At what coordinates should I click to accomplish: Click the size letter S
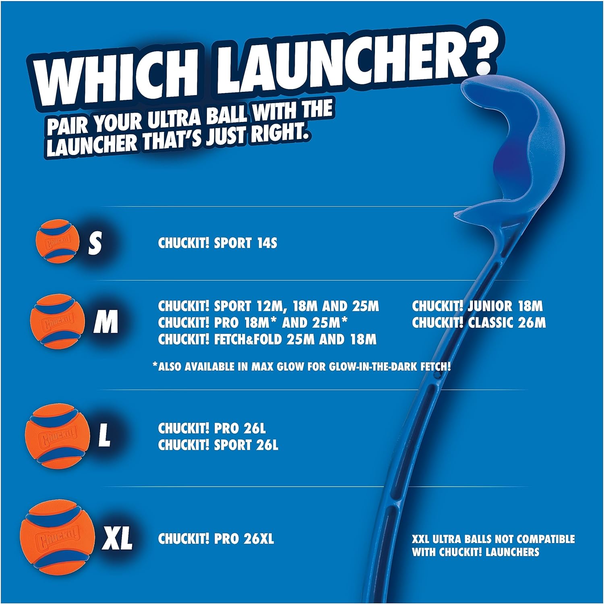95,243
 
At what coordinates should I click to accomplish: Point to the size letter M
105,322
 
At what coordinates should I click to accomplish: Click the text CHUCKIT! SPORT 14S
217,243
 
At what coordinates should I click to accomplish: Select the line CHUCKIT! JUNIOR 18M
477,306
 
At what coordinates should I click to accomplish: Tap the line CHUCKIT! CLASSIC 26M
478,323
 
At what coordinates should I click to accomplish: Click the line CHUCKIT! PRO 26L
212,428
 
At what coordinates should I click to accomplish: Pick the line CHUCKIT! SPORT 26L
218,445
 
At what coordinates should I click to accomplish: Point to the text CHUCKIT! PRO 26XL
216,539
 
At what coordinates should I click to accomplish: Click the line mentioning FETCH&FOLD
267,339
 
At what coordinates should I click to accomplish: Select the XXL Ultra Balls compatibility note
493,545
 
